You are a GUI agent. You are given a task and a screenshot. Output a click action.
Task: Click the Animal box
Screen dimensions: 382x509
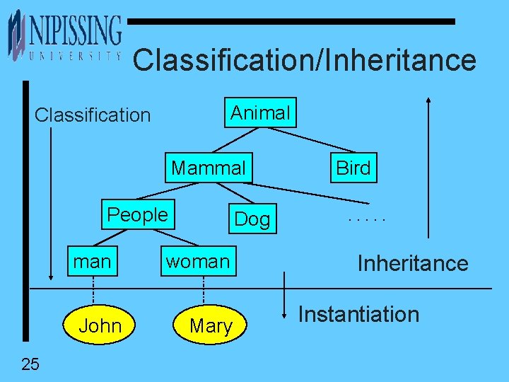coord(260,112)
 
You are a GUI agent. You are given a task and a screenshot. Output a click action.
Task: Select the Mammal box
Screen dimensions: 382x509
coord(209,168)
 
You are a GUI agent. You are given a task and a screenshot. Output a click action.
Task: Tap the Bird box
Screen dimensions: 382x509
coord(353,168)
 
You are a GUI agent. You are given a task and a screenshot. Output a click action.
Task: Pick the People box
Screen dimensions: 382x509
coord(137,215)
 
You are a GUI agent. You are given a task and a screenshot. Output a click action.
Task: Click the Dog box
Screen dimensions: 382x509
coord(252,219)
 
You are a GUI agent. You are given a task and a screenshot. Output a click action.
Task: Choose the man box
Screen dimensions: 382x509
coord(92,262)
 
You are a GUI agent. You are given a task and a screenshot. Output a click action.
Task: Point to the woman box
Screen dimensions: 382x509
coord(198,262)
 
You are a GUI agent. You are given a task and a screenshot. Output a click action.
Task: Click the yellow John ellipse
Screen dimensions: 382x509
coord(100,325)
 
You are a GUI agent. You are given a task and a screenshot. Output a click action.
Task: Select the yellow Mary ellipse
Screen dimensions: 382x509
coord(211,325)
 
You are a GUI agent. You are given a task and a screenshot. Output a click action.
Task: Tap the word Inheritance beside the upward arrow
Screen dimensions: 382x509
coord(412,263)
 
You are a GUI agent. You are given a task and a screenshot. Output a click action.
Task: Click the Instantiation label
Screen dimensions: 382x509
coord(358,314)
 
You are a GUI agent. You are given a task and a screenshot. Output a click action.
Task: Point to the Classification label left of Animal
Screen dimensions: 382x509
coord(93,115)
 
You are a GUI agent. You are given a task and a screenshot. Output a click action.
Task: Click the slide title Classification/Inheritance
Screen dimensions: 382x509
coord(304,60)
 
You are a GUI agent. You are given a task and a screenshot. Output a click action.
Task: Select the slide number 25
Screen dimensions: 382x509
coord(30,364)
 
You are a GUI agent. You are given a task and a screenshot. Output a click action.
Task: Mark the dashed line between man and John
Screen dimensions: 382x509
coord(93,290)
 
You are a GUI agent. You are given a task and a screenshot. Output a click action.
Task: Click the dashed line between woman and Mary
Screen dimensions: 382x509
coord(204,290)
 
